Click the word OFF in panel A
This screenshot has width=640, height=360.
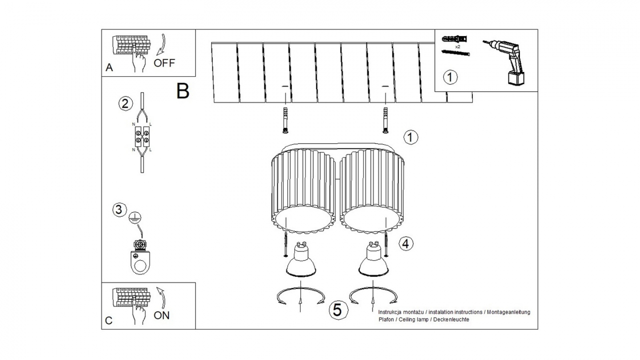pos(164,63)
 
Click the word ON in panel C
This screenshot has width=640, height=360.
pos(161,315)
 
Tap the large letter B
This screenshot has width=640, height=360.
pos(183,91)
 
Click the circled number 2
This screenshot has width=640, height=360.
pos(125,104)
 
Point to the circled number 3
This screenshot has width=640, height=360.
pos(118,209)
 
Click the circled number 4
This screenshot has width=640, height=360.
pos(406,243)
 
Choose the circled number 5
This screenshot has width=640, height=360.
pos(337,309)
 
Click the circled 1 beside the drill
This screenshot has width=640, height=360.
pos(450,77)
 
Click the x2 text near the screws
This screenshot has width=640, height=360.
pos(457,46)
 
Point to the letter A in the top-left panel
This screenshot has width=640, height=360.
pos(109,68)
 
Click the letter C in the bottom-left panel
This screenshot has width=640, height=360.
pos(109,320)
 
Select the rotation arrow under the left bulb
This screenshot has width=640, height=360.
pos(301,296)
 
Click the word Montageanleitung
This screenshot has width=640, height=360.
pos(508,312)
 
